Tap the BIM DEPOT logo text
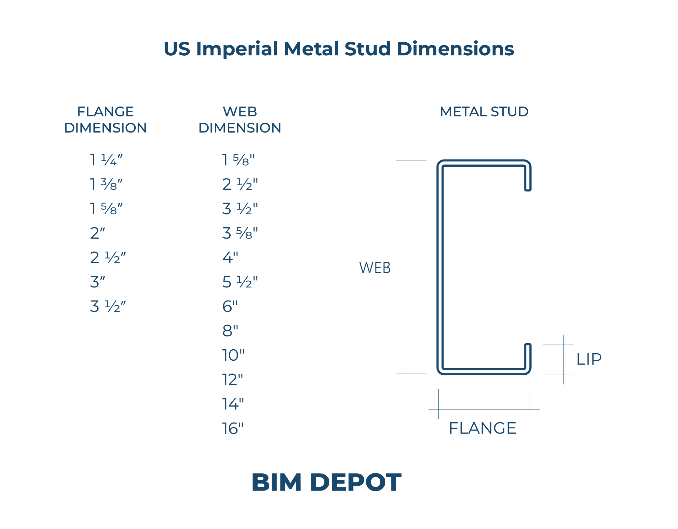coord(326,482)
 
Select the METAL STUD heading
coord(484,112)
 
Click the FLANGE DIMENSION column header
coord(105,119)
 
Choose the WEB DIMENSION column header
coord(240,119)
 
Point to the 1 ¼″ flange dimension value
coord(106,160)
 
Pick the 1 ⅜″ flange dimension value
coord(106,184)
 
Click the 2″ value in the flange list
coord(98,233)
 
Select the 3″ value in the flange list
coord(98,282)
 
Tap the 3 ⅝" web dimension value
coord(240,233)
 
